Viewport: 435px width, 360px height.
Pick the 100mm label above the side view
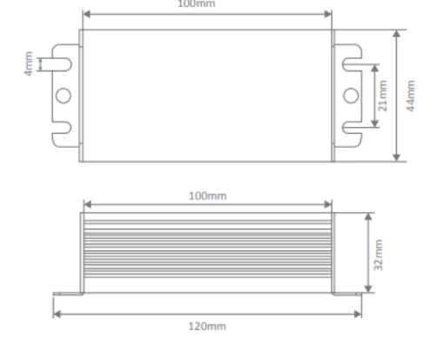(x=207, y=196)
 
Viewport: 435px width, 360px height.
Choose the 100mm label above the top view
(x=207, y=3)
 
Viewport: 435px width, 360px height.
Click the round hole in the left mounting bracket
(x=64, y=95)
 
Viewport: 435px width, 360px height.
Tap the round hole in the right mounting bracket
(x=351, y=95)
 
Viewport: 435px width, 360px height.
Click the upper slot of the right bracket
(x=352, y=63)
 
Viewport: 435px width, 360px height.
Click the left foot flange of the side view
(x=68, y=294)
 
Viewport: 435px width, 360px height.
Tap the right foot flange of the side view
(x=346, y=294)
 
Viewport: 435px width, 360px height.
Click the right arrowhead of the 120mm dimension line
(x=357, y=315)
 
